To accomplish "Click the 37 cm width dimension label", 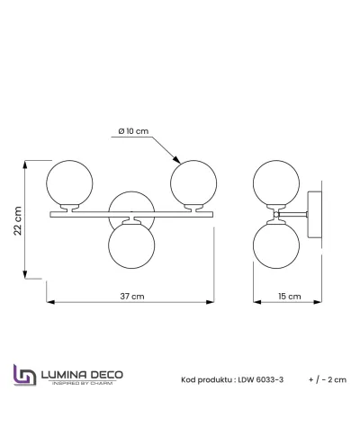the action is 132,297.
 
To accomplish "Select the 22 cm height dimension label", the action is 18,221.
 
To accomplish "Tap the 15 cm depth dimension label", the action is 290,297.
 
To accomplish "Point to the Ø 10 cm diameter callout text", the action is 133,131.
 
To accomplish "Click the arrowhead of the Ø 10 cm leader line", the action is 177,160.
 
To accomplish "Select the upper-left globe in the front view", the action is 69,183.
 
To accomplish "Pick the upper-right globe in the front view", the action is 193,183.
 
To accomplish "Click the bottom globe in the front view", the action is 131,245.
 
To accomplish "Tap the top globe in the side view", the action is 276,183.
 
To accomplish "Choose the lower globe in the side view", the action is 276,245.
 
